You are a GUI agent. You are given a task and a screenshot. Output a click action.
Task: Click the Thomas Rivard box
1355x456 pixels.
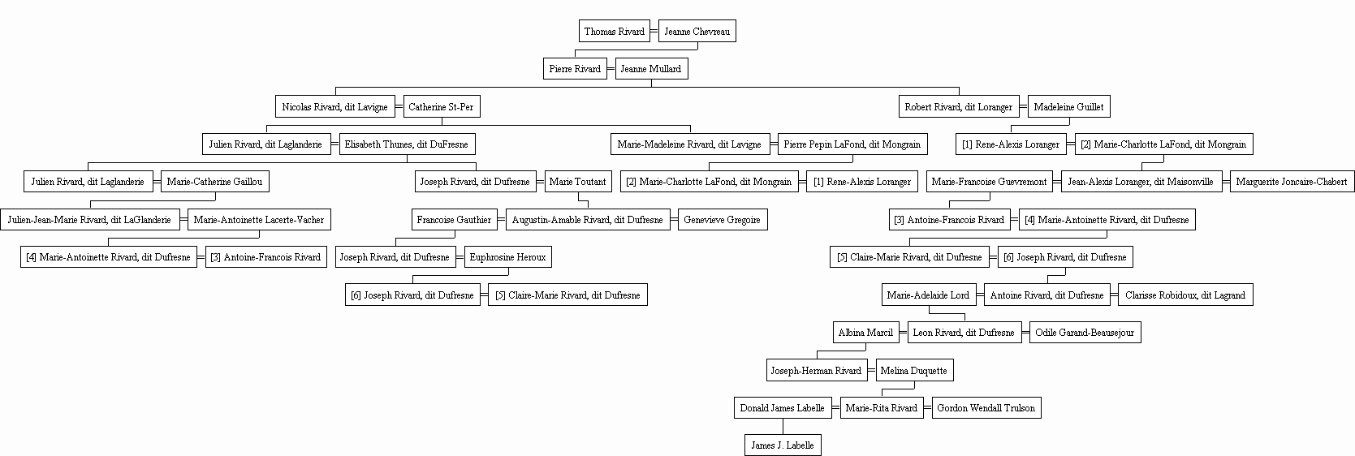(x=614, y=31)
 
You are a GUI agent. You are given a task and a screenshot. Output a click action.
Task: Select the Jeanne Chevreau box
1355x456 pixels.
(x=697, y=31)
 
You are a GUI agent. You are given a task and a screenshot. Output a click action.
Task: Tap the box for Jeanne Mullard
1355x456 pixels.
(x=651, y=68)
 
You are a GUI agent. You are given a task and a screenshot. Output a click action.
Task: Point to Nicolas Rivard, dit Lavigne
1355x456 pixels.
(x=334, y=106)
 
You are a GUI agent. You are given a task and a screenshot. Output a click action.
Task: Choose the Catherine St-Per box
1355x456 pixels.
(x=441, y=106)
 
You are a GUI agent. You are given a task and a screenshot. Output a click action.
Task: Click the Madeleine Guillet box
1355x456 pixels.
(x=1068, y=106)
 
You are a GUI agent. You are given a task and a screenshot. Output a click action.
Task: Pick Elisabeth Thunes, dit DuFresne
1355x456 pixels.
(x=407, y=144)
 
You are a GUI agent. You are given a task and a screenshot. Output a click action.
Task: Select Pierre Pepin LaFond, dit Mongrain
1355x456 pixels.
(x=852, y=144)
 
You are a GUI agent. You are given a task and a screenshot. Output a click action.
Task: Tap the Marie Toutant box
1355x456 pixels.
(x=578, y=182)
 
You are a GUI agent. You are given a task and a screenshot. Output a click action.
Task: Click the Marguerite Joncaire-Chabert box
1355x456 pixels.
(x=1292, y=182)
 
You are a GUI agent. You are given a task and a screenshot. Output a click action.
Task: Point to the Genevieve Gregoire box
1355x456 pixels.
(x=723, y=220)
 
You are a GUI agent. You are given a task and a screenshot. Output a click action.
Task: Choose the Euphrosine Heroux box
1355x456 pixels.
(x=507, y=257)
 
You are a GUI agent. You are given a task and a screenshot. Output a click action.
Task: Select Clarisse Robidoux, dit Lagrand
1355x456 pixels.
(x=1185, y=295)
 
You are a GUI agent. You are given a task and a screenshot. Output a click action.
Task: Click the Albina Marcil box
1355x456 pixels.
(x=865, y=332)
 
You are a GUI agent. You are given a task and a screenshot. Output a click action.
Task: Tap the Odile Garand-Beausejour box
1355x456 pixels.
(x=1085, y=332)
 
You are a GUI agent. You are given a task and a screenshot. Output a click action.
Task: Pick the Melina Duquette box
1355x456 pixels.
(x=914, y=370)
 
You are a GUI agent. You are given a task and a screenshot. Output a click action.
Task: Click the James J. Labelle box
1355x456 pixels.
(x=783, y=445)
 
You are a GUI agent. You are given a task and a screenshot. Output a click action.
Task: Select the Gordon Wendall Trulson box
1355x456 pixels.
(x=986, y=407)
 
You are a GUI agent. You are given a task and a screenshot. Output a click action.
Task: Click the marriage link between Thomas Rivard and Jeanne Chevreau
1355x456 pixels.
(x=654, y=31)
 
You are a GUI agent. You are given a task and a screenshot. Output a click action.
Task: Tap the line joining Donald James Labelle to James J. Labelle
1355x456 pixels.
(x=783, y=426)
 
